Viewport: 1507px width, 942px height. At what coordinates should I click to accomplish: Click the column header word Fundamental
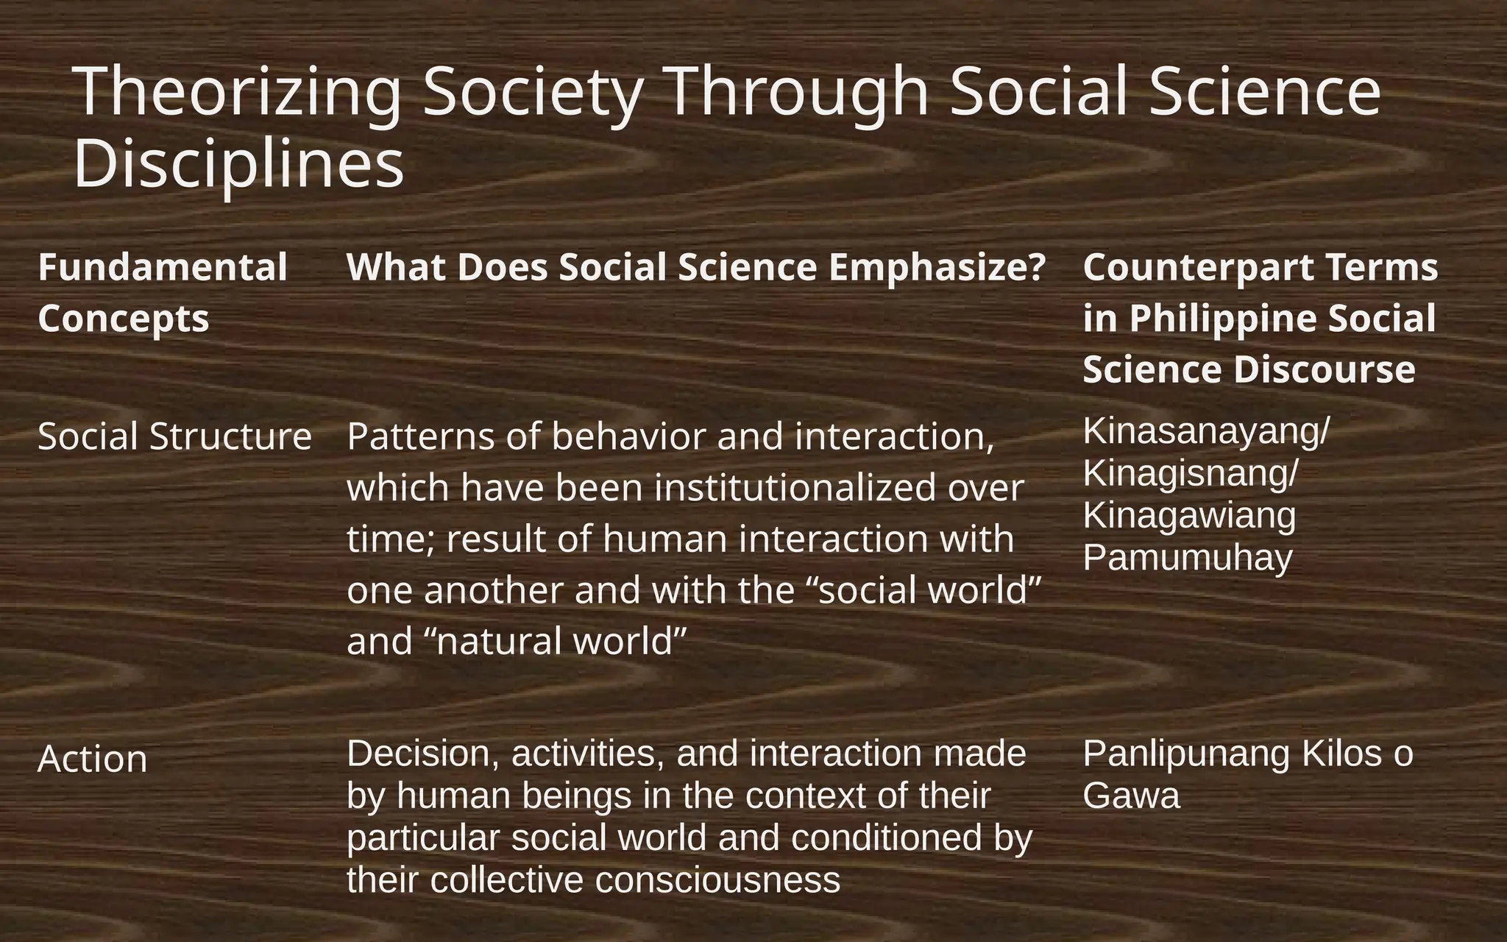(163, 267)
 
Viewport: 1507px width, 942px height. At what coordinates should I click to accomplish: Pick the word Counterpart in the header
(1188, 267)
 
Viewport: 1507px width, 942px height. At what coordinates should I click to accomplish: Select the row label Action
(93, 759)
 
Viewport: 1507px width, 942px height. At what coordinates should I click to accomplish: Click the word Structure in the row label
(230, 436)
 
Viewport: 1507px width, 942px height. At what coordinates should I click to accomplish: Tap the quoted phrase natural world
(556, 641)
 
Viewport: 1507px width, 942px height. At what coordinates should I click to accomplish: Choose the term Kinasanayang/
(1206, 431)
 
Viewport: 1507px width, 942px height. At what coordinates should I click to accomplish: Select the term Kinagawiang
(1189, 515)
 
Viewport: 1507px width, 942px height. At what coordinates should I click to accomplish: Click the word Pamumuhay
(1188, 558)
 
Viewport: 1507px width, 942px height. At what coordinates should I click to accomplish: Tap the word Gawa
(1131, 796)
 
